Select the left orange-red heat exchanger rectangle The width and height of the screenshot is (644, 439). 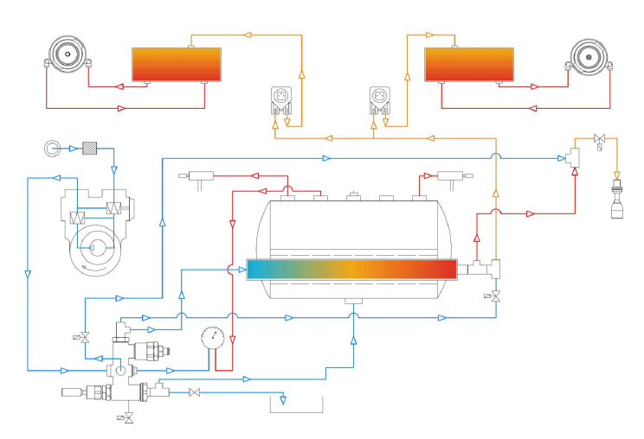coord(176,65)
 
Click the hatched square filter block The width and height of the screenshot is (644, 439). coord(88,148)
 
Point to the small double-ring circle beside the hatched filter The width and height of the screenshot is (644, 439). coord(50,148)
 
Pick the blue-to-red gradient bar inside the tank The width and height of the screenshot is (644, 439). coord(351,270)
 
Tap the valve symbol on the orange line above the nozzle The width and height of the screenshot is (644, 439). coord(599,139)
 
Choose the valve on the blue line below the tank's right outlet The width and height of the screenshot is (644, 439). coord(495,296)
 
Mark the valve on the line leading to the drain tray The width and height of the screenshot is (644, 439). coord(195,393)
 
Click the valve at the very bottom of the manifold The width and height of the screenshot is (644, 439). coord(128,418)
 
